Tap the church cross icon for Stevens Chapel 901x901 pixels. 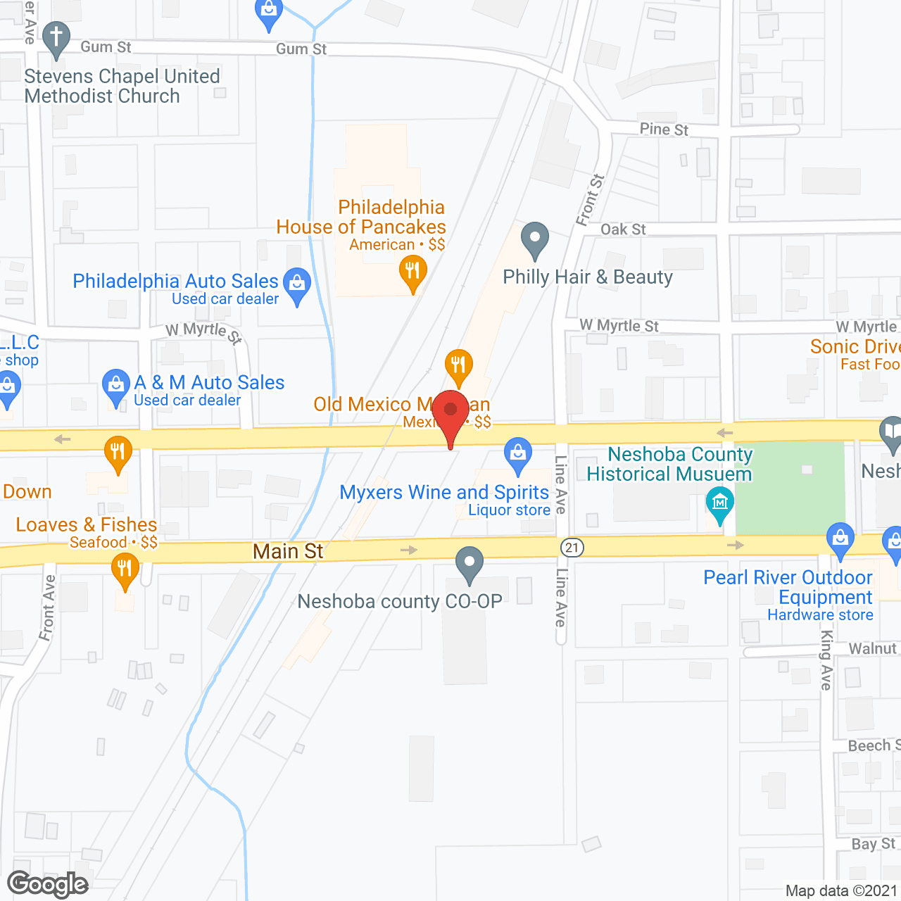56,38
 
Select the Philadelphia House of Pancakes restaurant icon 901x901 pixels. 412,272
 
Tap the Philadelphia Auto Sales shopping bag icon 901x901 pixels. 297,284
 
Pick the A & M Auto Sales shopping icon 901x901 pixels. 116,386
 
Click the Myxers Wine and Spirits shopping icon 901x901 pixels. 518,455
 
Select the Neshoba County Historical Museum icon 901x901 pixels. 719,504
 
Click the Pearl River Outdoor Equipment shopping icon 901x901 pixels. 840,539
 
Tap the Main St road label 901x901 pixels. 288,551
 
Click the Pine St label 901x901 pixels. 664,130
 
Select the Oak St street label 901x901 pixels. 623,229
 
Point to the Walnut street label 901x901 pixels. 873,648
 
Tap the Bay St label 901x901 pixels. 874,843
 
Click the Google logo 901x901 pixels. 47,884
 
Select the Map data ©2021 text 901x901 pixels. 841,890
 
